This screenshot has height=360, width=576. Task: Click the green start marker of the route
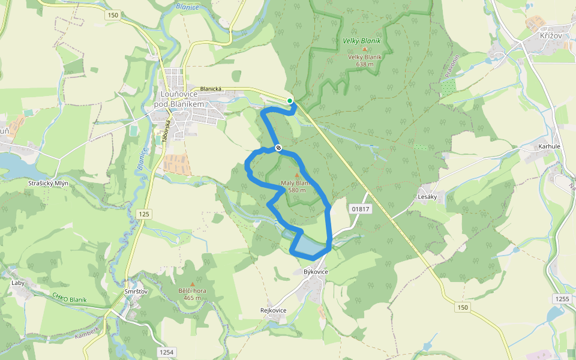(x=290, y=101)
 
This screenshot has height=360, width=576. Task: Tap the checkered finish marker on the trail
(x=278, y=148)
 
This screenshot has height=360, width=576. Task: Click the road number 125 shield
(x=144, y=214)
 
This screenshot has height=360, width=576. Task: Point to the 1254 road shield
(x=167, y=352)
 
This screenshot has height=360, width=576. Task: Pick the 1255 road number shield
(x=562, y=299)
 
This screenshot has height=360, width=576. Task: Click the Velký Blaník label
(x=362, y=41)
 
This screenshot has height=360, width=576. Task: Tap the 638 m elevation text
(x=364, y=64)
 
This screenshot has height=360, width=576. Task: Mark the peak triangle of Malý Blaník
(x=296, y=175)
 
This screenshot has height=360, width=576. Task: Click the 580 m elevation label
(x=297, y=190)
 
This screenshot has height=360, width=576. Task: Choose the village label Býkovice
(x=316, y=272)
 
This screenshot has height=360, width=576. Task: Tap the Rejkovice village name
(x=273, y=310)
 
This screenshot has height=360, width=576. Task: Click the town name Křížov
(x=550, y=36)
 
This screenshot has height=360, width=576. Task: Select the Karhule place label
(x=549, y=146)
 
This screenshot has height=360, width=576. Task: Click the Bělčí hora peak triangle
(x=192, y=284)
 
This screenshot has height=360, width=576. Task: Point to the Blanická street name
(x=211, y=89)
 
